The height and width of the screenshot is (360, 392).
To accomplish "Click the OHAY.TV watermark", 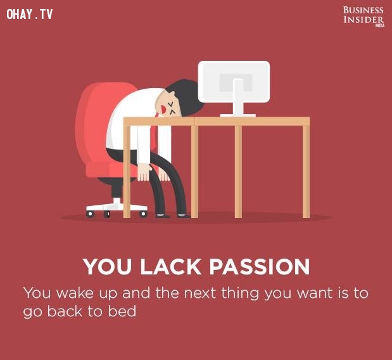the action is coord(30,14).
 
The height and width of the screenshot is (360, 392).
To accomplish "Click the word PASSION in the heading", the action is coord(260,267).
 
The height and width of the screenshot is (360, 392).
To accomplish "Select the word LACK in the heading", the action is coord(170,267).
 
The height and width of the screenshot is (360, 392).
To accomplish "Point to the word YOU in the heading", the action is coord(108,267).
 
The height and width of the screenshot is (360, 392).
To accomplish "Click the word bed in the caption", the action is coord(122,311).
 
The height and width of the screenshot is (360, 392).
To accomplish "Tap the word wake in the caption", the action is coord(75,293).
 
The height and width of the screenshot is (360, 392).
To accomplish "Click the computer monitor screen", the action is coord(234,82).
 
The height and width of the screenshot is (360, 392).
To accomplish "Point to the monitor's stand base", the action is coord(238,115).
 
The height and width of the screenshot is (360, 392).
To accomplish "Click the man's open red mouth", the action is coord(163,109).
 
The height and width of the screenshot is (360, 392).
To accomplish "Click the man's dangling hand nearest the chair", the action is coord(144,172).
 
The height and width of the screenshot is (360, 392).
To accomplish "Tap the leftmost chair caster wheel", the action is coord(90,214).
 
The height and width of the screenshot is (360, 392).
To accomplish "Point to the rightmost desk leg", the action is coord(306,171).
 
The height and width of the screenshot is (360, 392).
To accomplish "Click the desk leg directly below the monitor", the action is coord(238,171).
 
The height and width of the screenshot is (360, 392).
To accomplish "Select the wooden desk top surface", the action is coord(217,121).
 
